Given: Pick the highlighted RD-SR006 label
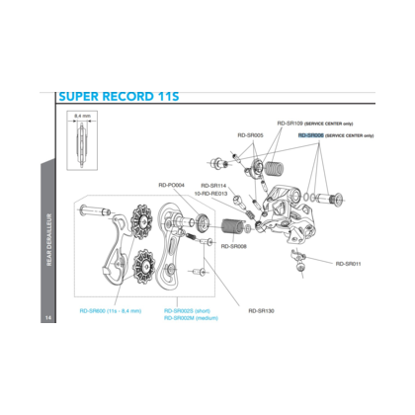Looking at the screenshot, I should pyautogui.click(x=310, y=135).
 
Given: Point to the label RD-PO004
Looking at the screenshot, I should pyautogui.click(x=172, y=184).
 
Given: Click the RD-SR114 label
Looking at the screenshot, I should pyautogui.click(x=213, y=185).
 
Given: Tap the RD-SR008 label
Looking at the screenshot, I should pyautogui.click(x=233, y=246).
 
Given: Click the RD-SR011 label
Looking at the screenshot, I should pyautogui.click(x=348, y=264).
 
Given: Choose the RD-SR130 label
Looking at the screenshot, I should pyautogui.click(x=261, y=310).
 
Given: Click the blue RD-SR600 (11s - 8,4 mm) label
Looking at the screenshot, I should pyautogui.click(x=110, y=310).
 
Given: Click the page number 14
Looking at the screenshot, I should pyautogui.click(x=47, y=317).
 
